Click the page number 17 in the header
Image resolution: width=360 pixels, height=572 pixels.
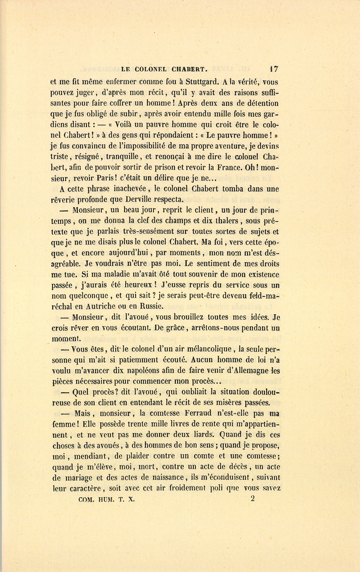pos(274,68)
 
